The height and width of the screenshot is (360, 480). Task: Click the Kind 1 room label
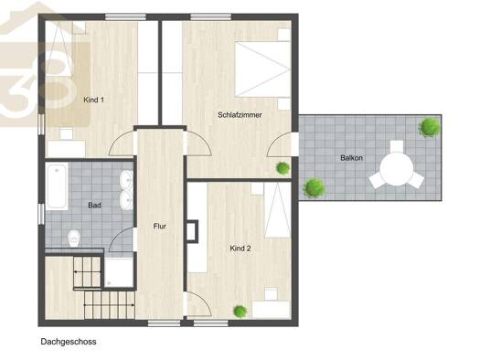93,100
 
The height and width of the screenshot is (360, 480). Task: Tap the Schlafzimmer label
240,115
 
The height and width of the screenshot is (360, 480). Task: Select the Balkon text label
351,158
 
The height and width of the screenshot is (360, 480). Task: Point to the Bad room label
94,206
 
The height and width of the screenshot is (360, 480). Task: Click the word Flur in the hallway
160,227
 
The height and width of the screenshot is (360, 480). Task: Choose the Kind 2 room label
240,249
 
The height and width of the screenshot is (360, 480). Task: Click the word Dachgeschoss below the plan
69,342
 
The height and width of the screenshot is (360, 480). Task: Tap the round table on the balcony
397,169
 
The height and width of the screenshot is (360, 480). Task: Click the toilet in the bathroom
74,238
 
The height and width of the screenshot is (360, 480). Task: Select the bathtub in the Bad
57,186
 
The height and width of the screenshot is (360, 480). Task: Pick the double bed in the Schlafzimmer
262,69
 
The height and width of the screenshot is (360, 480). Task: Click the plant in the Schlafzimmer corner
283,168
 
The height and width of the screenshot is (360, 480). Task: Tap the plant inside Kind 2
240,312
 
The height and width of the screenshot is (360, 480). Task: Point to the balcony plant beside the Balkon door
314,188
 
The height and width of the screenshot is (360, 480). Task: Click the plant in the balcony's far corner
430,127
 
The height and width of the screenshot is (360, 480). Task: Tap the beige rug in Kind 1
68,84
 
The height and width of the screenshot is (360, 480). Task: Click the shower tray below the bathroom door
119,272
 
